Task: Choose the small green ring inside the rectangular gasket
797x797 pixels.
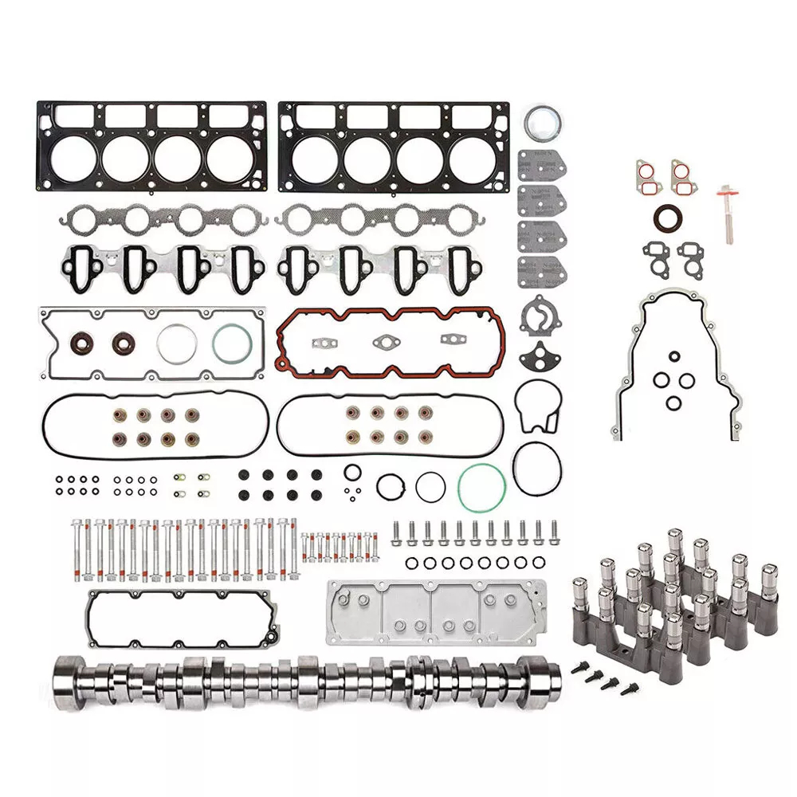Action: coord(230,344)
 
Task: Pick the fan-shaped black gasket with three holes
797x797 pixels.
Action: coord(540,355)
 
